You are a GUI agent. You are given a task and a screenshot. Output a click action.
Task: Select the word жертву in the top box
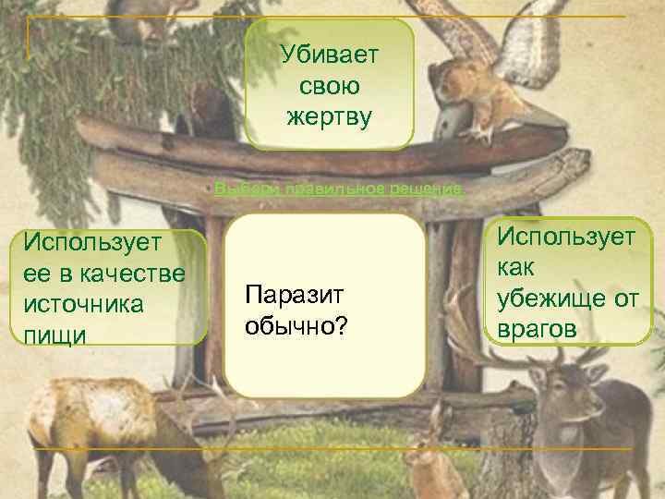[330, 117]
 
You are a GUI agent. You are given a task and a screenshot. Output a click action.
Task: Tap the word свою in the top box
[330, 86]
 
